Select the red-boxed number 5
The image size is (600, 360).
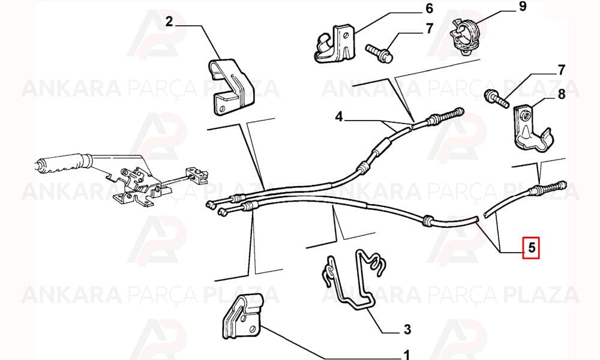(x=531, y=248)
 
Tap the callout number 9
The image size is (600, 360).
(x=523, y=7)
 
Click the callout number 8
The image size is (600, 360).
(x=562, y=94)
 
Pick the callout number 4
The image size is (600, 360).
(x=338, y=116)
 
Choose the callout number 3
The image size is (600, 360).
(x=407, y=329)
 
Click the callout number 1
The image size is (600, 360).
(x=406, y=355)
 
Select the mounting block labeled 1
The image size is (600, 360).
(x=242, y=316)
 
